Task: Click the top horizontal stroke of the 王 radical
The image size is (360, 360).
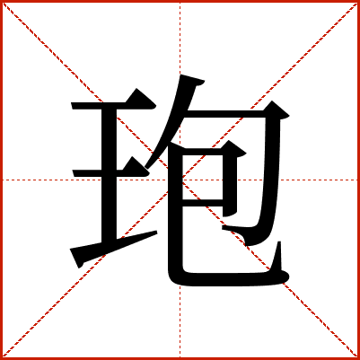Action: pyautogui.click(x=114, y=105)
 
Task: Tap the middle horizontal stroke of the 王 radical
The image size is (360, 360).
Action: pyautogui.click(x=110, y=173)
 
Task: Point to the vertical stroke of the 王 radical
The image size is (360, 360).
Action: pyautogui.click(x=109, y=175)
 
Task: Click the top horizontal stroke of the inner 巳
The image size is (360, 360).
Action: pyautogui.click(x=209, y=151)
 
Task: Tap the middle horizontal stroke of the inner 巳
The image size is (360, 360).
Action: pyautogui.click(x=203, y=203)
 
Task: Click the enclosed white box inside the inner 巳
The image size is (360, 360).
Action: pyautogui.click(x=203, y=177)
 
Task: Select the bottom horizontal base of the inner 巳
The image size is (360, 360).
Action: pyautogui.click(x=227, y=279)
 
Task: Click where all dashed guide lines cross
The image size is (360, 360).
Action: pyautogui.click(x=180, y=180)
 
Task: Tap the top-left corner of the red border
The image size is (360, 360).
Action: pyautogui.click(x=1, y=1)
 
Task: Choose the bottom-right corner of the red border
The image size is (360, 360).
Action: pyautogui.click(x=358, y=358)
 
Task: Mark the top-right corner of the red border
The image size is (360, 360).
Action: pyautogui.click(x=358, y=1)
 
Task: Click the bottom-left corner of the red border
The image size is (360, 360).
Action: pyautogui.click(x=1, y=358)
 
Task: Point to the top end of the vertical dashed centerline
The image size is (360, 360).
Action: pyautogui.click(x=180, y=3)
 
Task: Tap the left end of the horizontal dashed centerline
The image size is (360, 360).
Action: pyautogui.click(x=3, y=180)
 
